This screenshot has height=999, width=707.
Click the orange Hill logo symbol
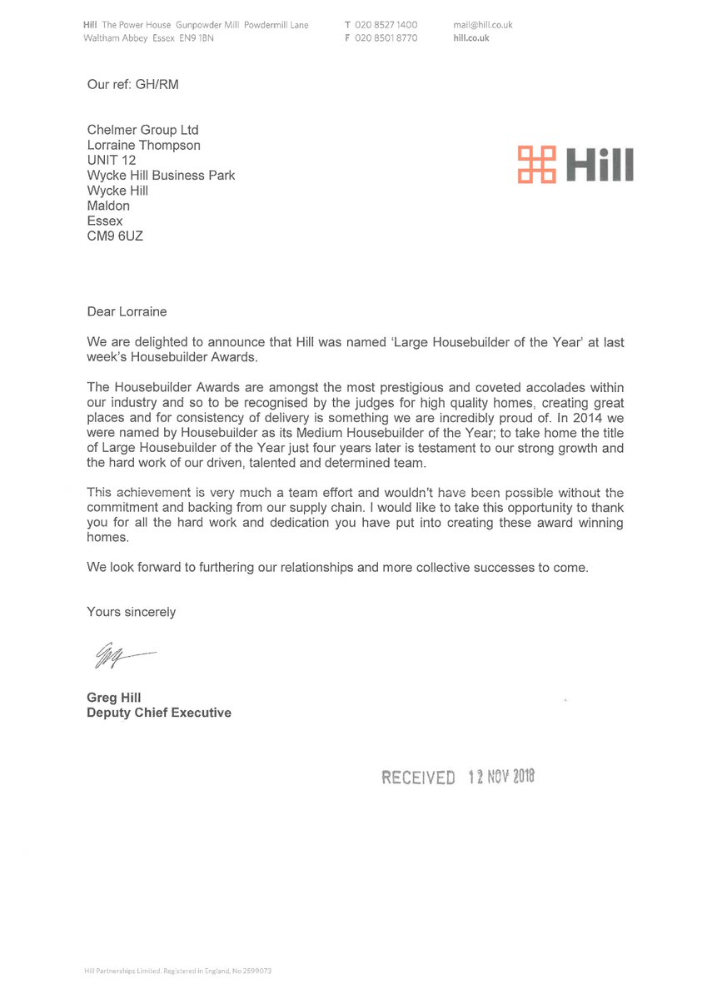[x=537, y=164]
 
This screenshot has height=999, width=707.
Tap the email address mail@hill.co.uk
[x=483, y=25]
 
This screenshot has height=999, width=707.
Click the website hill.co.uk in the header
[x=471, y=38]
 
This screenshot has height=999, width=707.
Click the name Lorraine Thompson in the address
[x=144, y=145]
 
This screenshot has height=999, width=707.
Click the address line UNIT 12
[x=112, y=160]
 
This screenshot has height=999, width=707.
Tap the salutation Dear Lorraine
[x=127, y=311]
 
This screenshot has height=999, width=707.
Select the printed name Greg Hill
[x=114, y=698]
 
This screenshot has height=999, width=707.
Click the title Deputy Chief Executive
[x=159, y=713]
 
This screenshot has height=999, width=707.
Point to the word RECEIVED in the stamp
[x=418, y=778]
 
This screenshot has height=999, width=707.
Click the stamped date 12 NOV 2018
[x=500, y=777]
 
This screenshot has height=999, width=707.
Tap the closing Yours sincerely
[x=132, y=612]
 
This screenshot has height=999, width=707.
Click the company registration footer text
[x=178, y=971]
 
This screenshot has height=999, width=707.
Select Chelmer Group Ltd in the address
[x=143, y=130]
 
